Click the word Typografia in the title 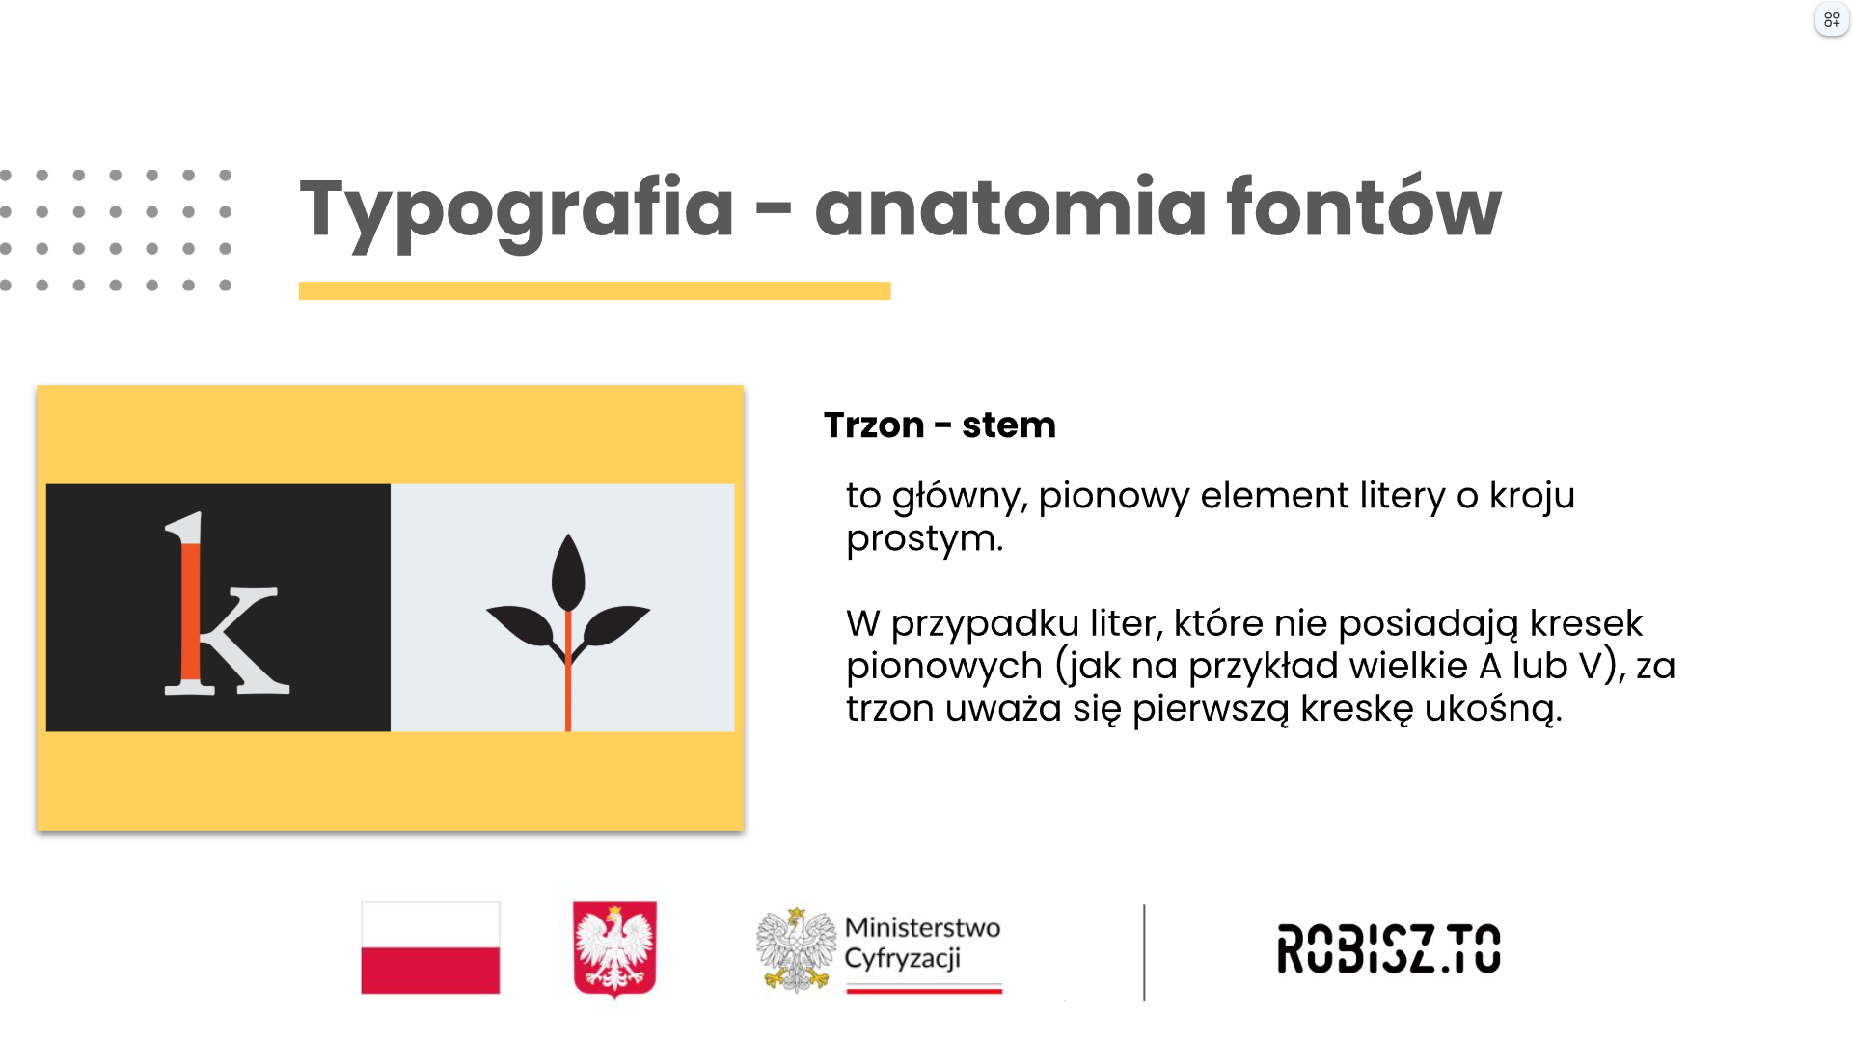517,210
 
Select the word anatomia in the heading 1010,206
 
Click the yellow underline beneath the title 594,290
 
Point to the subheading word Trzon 874,425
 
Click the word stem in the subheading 1009,425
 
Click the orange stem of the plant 568,671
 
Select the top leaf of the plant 568,572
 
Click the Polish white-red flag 430,947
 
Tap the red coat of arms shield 614,947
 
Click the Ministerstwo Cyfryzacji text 922,943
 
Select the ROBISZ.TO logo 1389,948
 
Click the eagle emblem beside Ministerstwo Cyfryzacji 796,949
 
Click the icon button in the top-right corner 1831,19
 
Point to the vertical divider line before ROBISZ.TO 1144,952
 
